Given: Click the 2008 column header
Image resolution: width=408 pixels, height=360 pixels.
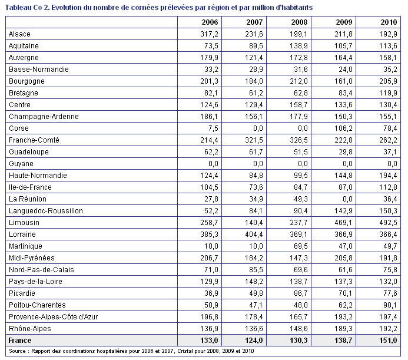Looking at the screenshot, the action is click(x=299, y=22).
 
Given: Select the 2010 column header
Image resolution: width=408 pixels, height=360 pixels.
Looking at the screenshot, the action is click(x=389, y=22).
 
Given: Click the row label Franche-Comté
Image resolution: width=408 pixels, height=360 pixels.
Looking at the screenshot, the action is click(x=34, y=140).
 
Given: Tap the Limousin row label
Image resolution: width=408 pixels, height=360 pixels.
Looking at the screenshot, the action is click(x=24, y=223).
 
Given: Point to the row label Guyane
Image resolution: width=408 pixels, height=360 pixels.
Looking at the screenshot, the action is click(x=21, y=164).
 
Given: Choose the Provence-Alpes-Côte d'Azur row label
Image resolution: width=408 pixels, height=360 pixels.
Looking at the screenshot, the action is click(x=54, y=317).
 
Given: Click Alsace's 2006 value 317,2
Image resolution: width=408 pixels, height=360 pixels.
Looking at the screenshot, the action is click(x=209, y=34).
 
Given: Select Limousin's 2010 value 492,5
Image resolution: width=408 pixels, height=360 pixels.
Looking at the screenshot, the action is click(x=388, y=223).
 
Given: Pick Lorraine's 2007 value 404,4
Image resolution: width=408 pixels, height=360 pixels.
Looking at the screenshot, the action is click(x=254, y=235).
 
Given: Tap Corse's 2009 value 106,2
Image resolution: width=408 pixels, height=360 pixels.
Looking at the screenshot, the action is click(x=343, y=128).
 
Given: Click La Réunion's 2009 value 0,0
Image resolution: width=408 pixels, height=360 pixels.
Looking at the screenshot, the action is click(x=347, y=199).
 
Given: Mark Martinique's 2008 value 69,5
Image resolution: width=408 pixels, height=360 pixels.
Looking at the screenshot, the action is click(x=301, y=246).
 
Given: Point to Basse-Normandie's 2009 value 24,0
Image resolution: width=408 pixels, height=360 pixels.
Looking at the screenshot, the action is click(x=346, y=70).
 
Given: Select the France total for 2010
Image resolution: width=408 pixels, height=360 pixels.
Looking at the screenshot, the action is click(x=388, y=341).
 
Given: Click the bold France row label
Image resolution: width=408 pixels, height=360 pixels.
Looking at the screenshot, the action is click(x=20, y=341).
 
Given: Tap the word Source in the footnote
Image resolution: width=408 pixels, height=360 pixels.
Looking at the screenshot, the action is click(x=17, y=351).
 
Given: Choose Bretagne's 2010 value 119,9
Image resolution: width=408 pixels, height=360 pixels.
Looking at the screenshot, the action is click(x=388, y=93).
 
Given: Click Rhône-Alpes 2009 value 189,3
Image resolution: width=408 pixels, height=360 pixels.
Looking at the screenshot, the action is click(x=343, y=329).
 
